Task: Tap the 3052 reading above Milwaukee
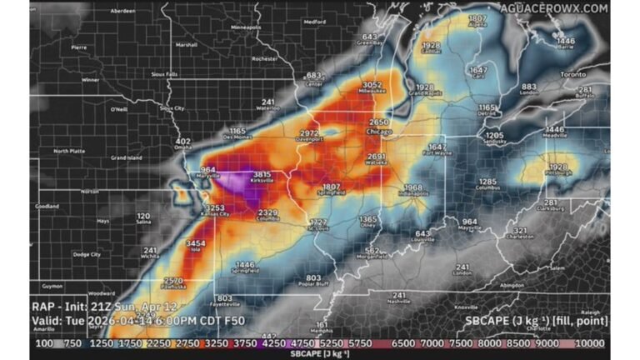pos(372,84)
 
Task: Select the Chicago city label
pos(379,131)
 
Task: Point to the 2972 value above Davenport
pos(309,132)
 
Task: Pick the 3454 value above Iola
pos(195,242)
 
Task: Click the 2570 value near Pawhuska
pos(173,281)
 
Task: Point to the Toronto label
pos(572,74)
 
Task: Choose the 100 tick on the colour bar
pos(42,342)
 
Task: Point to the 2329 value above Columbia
pos(267,213)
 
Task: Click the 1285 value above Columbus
pos(487,181)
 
